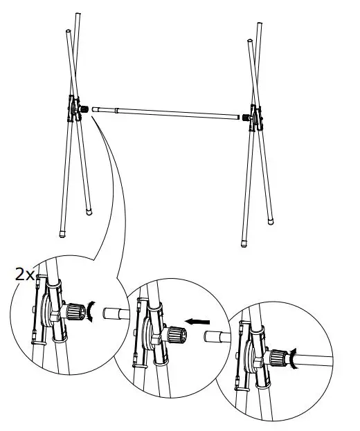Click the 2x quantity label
coord(25,274)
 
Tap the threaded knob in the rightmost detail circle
coord(279,358)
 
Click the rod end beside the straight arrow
coord(217,337)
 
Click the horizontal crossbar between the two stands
coord(166,111)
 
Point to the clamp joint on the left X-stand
coord(75,109)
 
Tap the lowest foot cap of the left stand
coord(64,235)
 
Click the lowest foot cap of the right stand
coord(244,243)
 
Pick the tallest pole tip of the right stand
coord(260,26)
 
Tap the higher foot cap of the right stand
coord(269,221)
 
